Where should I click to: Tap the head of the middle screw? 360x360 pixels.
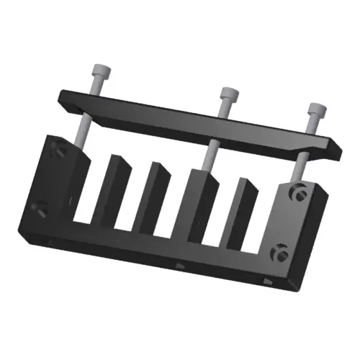click(228, 94)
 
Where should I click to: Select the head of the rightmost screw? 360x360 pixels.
click(317, 112)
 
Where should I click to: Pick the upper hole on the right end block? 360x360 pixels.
click(297, 193)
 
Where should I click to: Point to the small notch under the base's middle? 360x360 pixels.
click(180, 266)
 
